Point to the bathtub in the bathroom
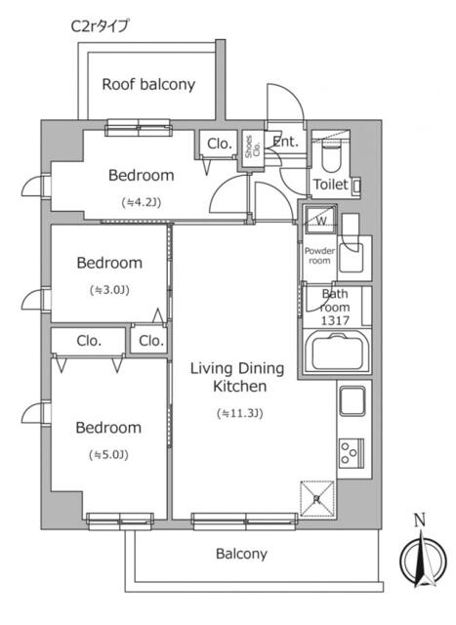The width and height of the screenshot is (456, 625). pos(337,353)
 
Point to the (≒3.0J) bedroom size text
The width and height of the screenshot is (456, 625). pos(109,290)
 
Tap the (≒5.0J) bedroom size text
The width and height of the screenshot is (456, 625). pos(109,454)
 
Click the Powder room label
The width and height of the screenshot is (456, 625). pos(321,256)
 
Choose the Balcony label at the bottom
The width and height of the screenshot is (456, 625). pos(240,554)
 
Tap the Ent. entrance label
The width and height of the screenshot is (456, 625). pos(285,143)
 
